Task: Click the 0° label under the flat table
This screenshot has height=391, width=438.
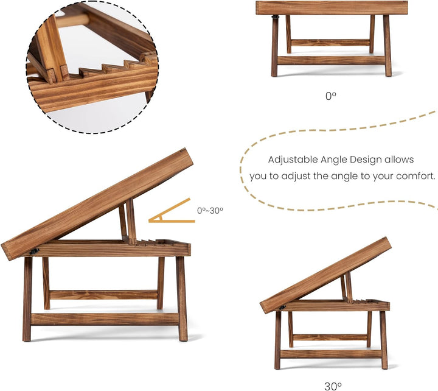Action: (331, 96)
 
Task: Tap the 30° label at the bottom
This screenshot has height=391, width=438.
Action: (333, 386)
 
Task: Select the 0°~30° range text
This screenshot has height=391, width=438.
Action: (210, 210)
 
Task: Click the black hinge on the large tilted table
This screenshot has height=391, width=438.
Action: (34, 251)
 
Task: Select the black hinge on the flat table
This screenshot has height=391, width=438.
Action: (276, 17)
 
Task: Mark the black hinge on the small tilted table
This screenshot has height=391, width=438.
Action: (282, 308)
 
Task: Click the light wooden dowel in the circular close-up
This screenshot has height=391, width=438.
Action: (73, 21)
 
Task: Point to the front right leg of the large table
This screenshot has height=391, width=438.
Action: (182, 298)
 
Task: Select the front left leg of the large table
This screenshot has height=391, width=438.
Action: (27, 299)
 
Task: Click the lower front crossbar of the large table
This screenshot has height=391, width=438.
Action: (105, 319)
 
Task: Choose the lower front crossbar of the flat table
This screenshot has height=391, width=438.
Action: (331, 61)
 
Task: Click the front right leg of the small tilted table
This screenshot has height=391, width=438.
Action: (384, 340)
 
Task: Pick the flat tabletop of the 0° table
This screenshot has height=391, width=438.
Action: (332, 8)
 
